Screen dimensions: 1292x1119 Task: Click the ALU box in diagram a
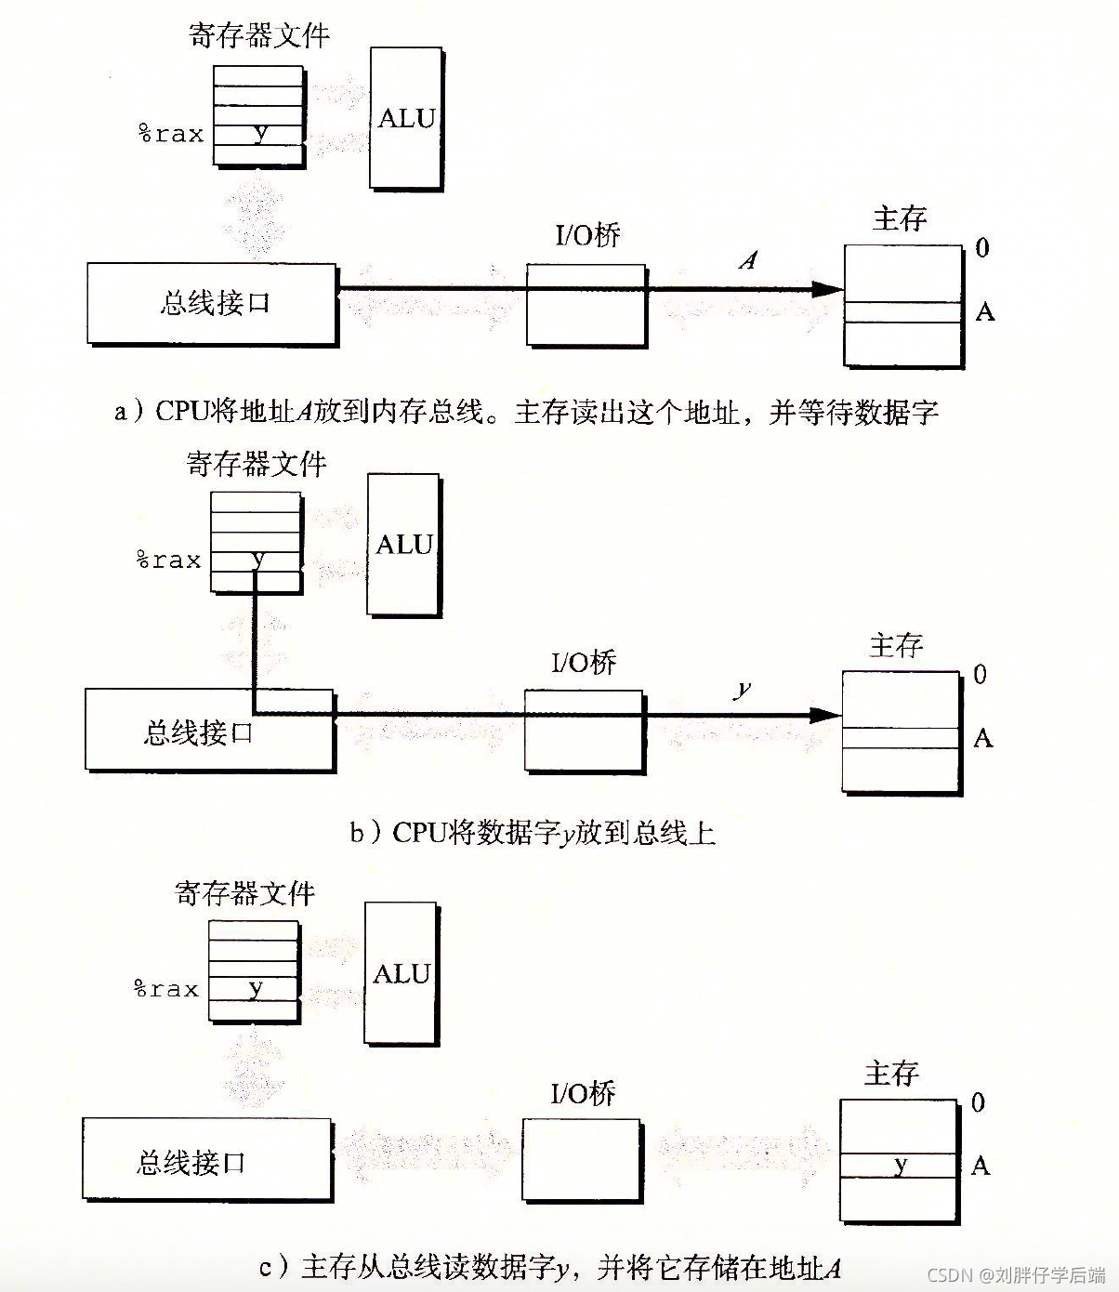(405, 118)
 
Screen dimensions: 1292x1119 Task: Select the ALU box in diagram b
(403, 545)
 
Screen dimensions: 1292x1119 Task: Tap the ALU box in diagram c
(401, 973)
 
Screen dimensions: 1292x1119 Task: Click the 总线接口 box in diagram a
(212, 304)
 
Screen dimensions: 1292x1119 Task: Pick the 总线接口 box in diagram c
(206, 1161)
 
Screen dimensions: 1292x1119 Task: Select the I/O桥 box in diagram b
(584, 731)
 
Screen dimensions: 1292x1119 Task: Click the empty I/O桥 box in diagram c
(582, 1160)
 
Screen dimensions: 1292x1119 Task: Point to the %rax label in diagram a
(171, 134)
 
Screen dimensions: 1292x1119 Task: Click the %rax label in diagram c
(166, 989)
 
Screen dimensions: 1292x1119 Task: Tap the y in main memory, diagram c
(900, 1165)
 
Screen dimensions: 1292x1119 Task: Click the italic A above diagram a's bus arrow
(748, 260)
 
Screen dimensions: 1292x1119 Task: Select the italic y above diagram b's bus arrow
(743, 689)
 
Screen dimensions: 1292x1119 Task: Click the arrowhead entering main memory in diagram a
(827, 289)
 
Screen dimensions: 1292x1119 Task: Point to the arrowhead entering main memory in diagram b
(825, 716)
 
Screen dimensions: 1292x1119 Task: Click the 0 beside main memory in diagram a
(982, 248)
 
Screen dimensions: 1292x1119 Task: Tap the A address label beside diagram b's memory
(982, 739)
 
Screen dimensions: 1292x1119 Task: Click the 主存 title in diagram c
(891, 1074)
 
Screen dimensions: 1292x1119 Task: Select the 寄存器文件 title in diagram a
(259, 35)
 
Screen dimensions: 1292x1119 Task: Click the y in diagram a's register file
(260, 132)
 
